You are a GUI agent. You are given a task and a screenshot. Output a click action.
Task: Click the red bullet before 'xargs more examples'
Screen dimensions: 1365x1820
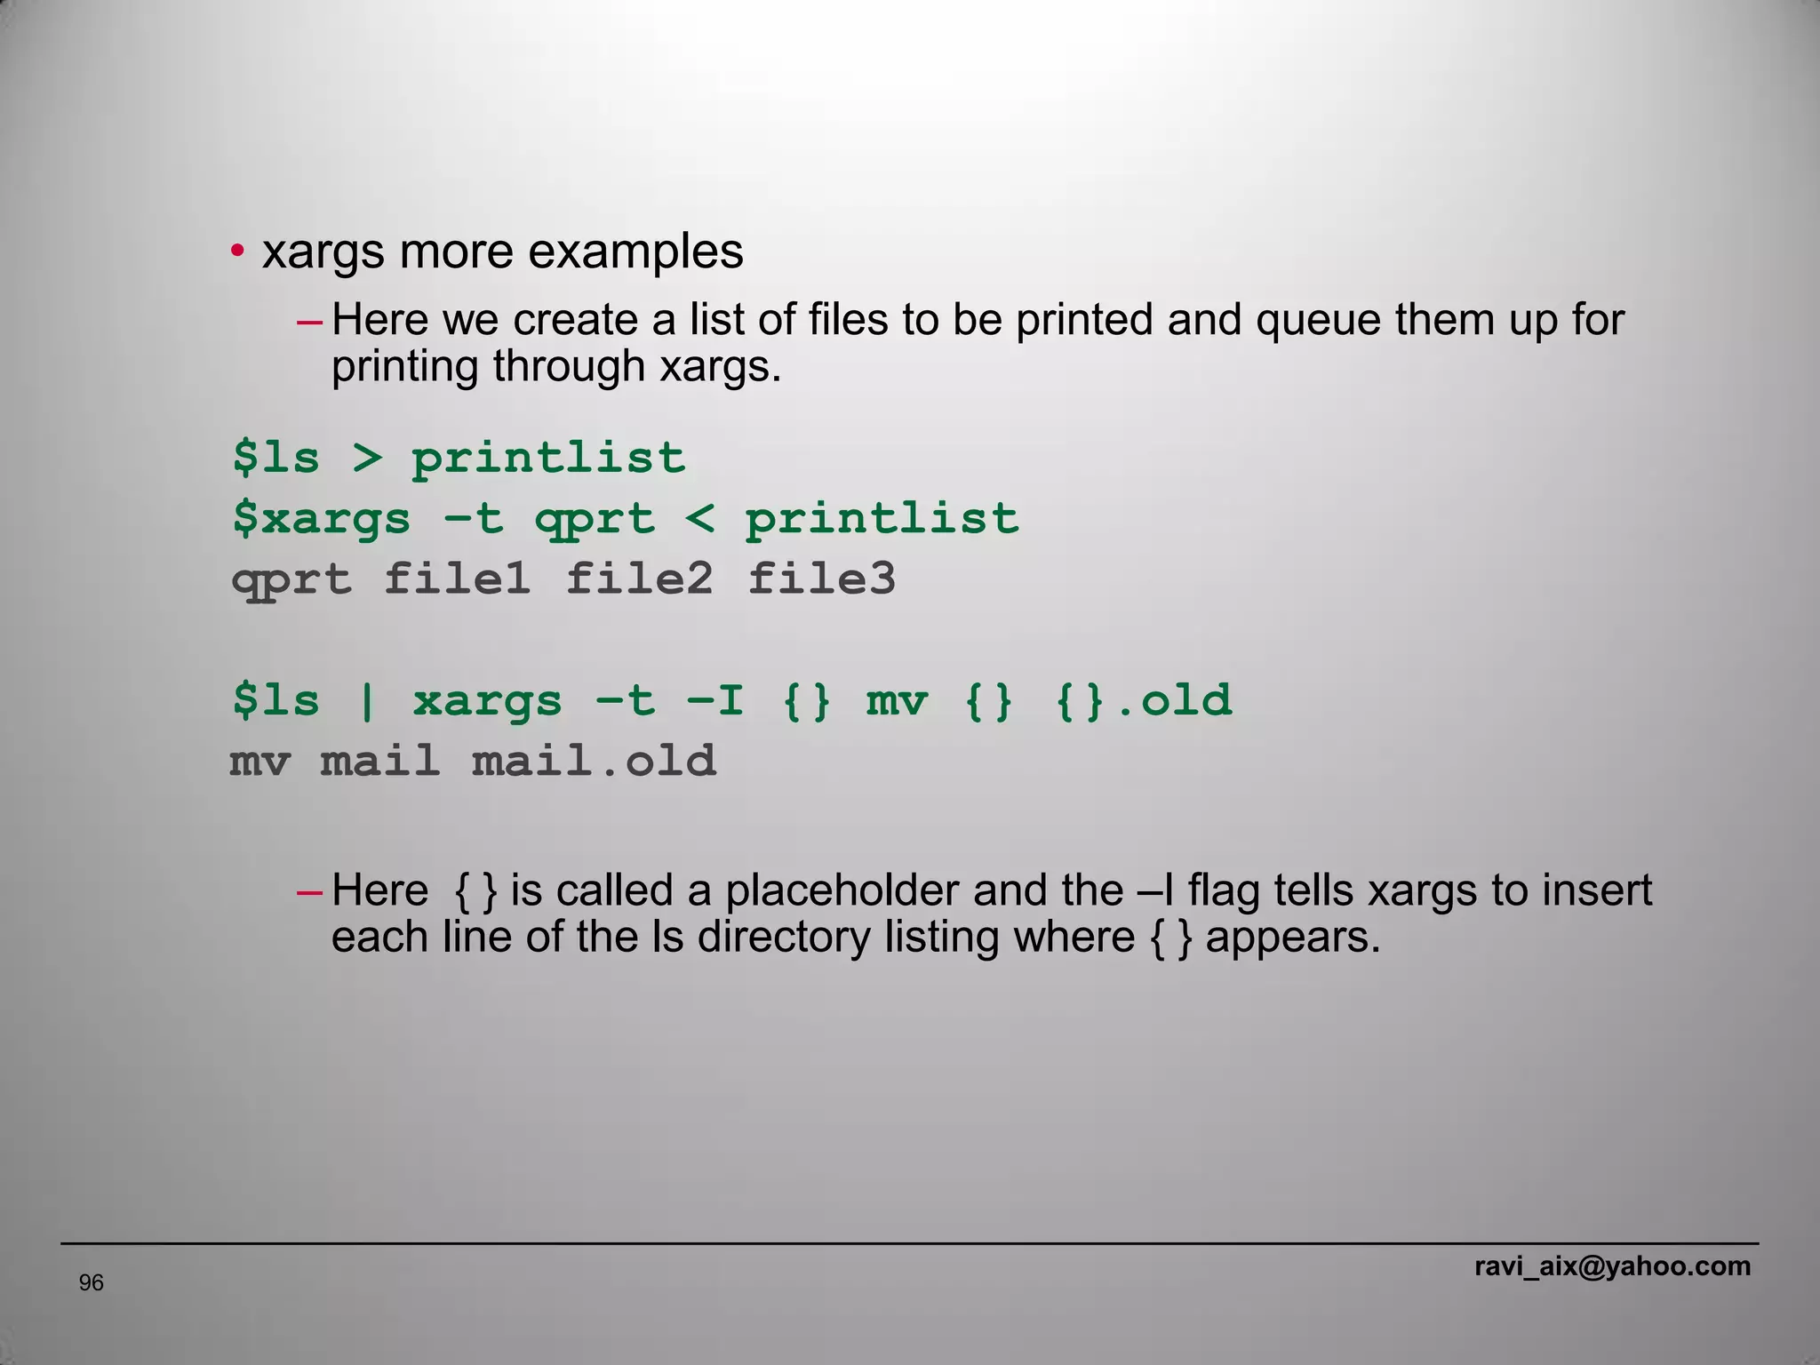click(237, 252)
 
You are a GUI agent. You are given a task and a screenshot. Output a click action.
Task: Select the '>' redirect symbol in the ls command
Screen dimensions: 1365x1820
click(366, 459)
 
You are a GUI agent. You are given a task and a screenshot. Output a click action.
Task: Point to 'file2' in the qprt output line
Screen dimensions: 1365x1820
click(639, 579)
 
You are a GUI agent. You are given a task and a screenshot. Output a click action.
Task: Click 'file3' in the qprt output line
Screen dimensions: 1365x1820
click(821, 579)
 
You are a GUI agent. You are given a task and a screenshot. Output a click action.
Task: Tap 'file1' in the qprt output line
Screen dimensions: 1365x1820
click(457, 579)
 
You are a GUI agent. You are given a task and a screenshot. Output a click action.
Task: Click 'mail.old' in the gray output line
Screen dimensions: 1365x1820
click(594, 762)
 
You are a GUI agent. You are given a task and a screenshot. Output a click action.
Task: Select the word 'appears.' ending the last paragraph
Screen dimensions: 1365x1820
click(1293, 937)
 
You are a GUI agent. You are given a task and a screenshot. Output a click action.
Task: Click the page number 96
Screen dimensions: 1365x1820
click(92, 1282)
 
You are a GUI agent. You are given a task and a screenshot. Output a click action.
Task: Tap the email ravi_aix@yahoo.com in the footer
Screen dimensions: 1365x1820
click(1612, 1265)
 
